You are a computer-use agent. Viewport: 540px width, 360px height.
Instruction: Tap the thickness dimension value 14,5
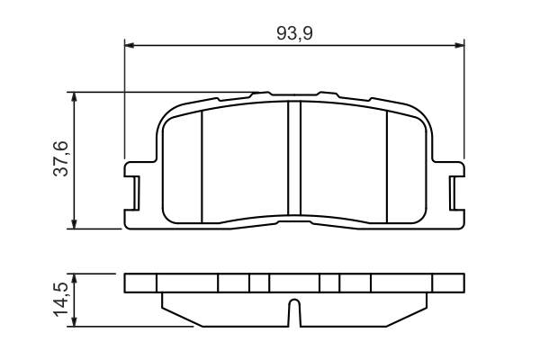coord(60,299)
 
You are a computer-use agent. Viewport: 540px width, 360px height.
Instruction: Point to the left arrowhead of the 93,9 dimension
coord(129,43)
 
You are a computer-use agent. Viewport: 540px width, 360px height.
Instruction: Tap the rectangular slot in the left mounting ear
coord(137,191)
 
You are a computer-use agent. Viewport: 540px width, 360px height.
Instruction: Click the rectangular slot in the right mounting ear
coord(453,191)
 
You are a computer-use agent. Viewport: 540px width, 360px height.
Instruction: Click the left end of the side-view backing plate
coord(126,283)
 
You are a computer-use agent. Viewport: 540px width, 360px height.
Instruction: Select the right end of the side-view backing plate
coord(462,283)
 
